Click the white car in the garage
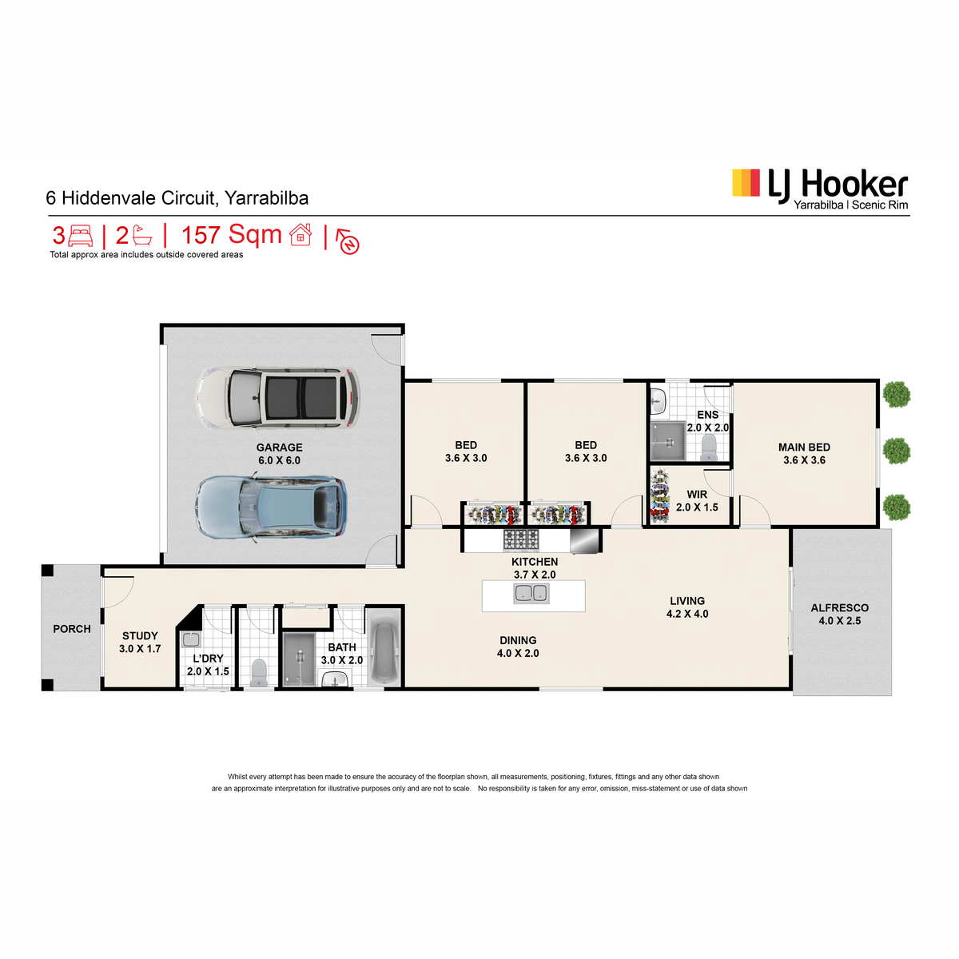tap(277, 398)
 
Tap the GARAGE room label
tap(279, 448)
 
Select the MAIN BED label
tap(804, 448)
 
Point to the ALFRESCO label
tap(839, 607)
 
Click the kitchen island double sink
tap(531, 593)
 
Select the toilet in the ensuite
tap(707, 448)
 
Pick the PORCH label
tap(72, 629)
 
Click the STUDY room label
tap(140, 635)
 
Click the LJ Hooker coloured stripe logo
tap(746, 182)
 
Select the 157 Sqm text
tap(232, 234)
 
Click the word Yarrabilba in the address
tap(266, 198)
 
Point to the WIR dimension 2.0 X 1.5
tap(697, 507)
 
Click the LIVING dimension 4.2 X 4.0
tap(687, 614)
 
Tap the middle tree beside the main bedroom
tap(897, 451)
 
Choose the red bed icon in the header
tap(81, 236)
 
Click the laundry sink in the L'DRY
tap(191, 639)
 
